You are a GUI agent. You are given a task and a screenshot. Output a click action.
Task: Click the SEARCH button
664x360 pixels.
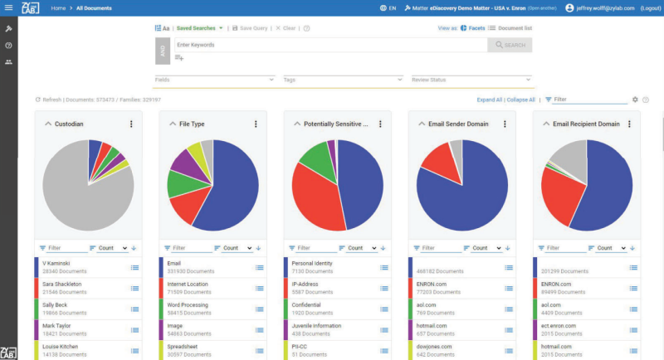(x=510, y=45)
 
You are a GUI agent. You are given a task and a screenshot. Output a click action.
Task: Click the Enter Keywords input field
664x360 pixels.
(x=330, y=45)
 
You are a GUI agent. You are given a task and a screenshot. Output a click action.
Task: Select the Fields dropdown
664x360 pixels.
(x=214, y=80)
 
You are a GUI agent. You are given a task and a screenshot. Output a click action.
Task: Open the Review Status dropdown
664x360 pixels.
(x=471, y=80)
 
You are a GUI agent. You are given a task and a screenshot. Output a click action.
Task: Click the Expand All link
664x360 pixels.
(x=489, y=100)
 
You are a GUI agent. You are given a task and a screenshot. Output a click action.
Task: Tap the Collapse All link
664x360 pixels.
(x=520, y=100)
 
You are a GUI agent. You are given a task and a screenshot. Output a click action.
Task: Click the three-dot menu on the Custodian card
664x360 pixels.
(x=130, y=124)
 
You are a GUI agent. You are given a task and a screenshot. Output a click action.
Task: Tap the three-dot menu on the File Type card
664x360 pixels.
(x=255, y=124)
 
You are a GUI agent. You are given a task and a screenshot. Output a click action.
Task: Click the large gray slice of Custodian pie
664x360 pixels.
(x=83, y=195)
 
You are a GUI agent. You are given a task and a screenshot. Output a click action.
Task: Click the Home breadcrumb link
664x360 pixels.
(x=58, y=8)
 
